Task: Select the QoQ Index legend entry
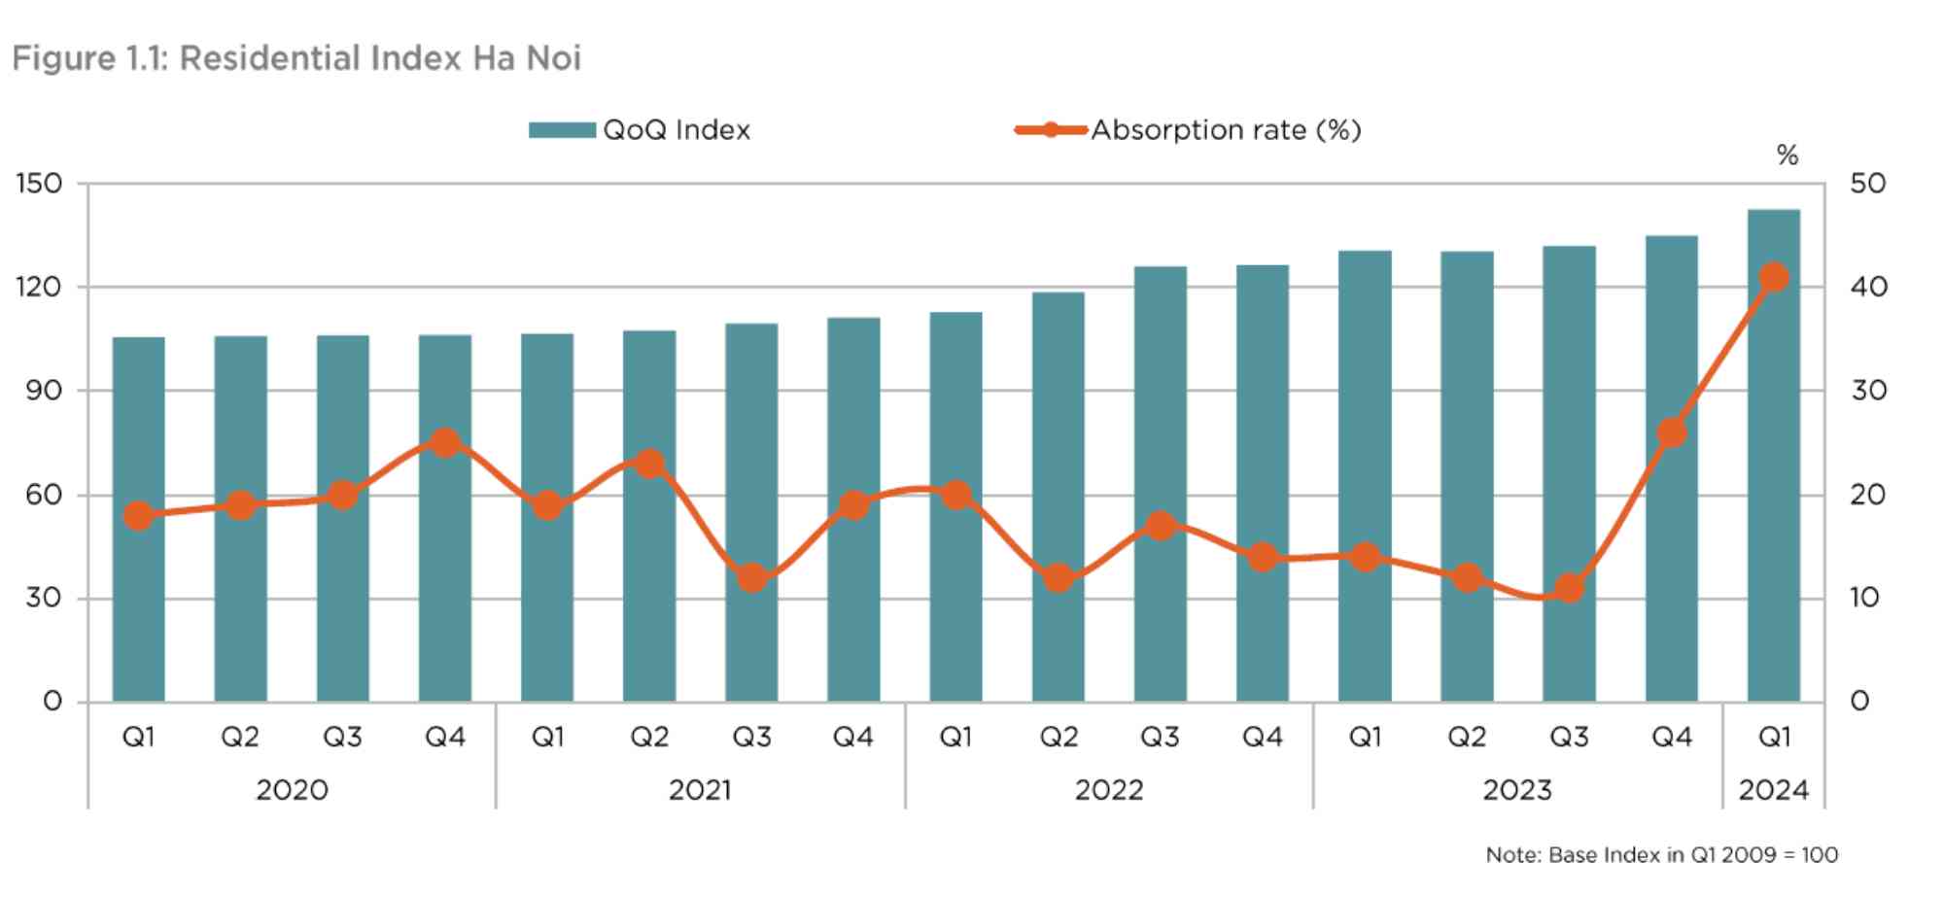[x=640, y=130]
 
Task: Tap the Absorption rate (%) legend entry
[x=1188, y=130]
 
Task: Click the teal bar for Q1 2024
[x=1774, y=455]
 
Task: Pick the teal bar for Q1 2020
[x=139, y=519]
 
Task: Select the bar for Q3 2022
[x=1161, y=484]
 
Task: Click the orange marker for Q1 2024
[x=1774, y=277]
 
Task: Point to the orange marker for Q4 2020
[x=445, y=443]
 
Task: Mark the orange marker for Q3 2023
[x=1570, y=588]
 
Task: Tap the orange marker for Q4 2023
[x=1672, y=432]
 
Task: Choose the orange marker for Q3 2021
[x=751, y=578]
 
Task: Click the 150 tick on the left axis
[x=39, y=184]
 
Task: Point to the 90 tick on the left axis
[x=44, y=391]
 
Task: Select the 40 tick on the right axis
[x=1868, y=287]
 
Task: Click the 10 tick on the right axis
[x=1866, y=598]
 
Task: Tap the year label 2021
[x=700, y=790]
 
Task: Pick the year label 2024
[x=1774, y=790]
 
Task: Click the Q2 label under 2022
[x=1059, y=738]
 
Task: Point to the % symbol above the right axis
[x=1788, y=155]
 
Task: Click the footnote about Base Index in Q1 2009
[x=1662, y=855]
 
